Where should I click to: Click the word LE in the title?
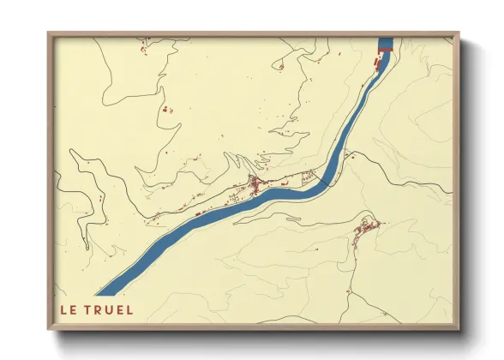pos(68,309)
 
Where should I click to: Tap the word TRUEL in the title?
pos(109,309)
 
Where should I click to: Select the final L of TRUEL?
pos(129,309)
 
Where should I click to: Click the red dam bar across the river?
pos(383,51)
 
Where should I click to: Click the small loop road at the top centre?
pos(279,64)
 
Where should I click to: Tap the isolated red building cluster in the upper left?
pos(166,110)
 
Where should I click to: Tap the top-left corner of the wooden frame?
pos(48,33)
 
